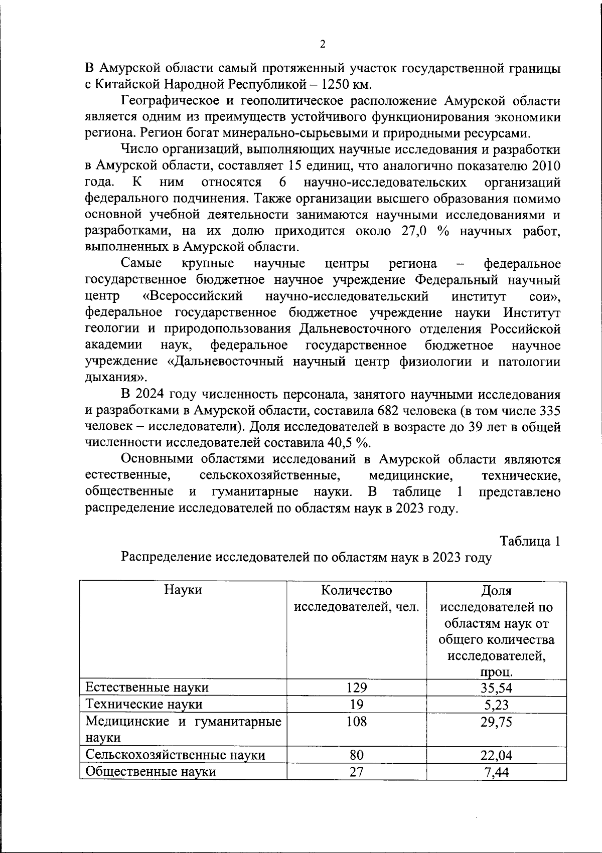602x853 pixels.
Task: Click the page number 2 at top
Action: tap(323, 44)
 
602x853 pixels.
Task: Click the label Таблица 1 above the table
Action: tap(530, 542)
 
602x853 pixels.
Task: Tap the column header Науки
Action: tap(183, 590)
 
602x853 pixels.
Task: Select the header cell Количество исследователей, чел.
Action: tap(356, 599)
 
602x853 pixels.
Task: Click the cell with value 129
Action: tap(356, 687)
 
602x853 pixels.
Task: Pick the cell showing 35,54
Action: tap(496, 687)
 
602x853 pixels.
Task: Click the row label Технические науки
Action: tap(144, 704)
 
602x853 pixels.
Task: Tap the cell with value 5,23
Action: tap(496, 704)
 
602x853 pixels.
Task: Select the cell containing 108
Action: tap(356, 722)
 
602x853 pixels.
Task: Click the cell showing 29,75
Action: tap(496, 722)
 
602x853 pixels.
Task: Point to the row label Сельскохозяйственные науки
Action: tap(175, 755)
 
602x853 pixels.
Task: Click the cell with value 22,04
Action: tap(496, 755)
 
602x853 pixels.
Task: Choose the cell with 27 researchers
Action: tap(356, 772)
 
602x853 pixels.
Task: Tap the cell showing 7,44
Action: tap(496, 772)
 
